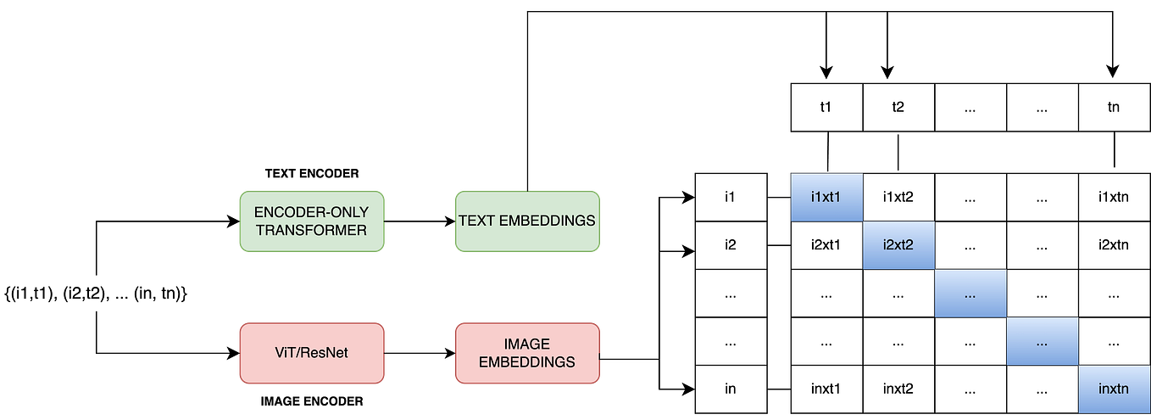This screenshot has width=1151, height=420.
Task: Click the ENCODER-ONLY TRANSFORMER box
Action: [x=311, y=221]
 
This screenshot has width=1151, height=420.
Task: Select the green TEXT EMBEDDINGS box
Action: [x=527, y=221]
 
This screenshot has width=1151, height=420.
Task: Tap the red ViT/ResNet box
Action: [x=311, y=353]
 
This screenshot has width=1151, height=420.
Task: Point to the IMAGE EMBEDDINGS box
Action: [x=527, y=353]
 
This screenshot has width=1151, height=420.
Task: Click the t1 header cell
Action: [x=826, y=108]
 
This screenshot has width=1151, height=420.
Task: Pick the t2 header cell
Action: [x=898, y=108]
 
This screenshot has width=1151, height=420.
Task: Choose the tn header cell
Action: [x=1114, y=108]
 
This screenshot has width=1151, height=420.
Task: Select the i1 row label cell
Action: [x=730, y=198]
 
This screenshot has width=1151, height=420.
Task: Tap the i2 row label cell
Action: [x=730, y=245]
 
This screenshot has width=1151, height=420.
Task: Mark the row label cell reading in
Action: [x=730, y=389]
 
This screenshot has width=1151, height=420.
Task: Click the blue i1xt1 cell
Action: [x=826, y=198]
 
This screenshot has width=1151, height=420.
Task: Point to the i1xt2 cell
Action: [x=898, y=198]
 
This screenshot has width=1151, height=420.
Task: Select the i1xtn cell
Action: [x=1114, y=198]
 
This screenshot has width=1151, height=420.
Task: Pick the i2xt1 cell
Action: [x=826, y=245]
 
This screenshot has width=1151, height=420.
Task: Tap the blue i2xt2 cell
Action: [x=898, y=245]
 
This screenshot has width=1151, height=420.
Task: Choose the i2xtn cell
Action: [x=1114, y=245]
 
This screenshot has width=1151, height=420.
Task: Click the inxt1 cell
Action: [x=826, y=389]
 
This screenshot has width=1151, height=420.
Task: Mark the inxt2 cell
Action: [x=898, y=389]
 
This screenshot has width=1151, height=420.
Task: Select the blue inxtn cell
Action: [x=1114, y=389]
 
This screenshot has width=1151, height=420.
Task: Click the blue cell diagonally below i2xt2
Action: [x=970, y=294]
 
